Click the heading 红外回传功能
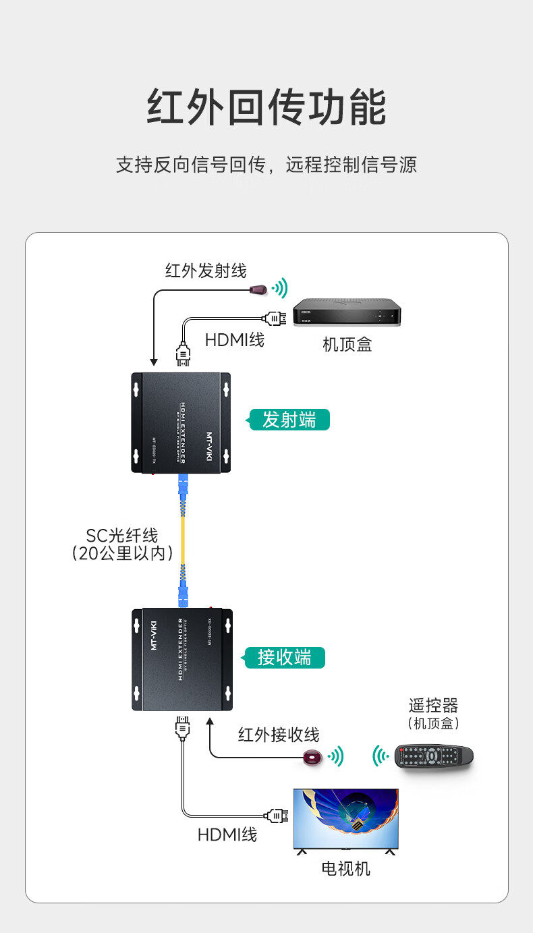(x=266, y=107)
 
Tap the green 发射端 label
(x=289, y=420)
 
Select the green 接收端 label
(x=283, y=657)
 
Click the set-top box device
(x=347, y=314)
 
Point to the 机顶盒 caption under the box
(x=347, y=345)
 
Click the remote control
(x=434, y=756)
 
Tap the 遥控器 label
(x=433, y=706)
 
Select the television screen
(x=345, y=818)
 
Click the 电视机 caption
(x=345, y=868)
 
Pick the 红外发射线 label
(x=206, y=271)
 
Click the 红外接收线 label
(x=279, y=735)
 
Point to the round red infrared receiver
(x=312, y=758)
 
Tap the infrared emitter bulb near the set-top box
(x=257, y=289)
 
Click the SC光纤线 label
(x=121, y=536)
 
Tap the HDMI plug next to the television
(x=277, y=816)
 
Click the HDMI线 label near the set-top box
(x=235, y=340)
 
